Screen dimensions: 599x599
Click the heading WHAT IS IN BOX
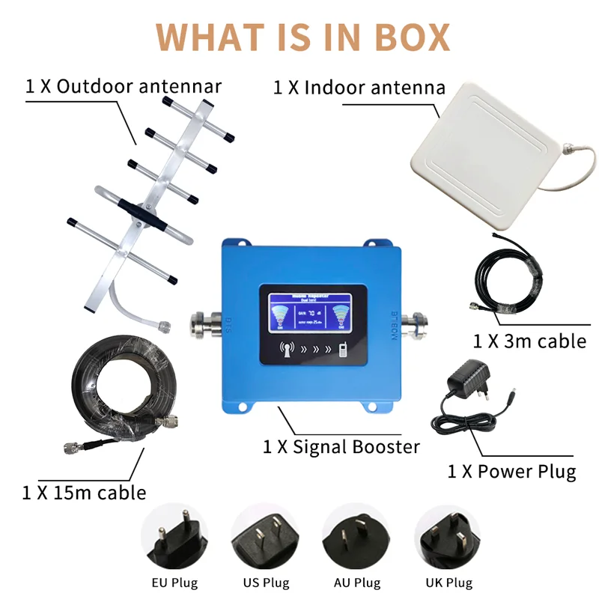tap(304, 37)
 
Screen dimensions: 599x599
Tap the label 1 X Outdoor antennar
tap(124, 86)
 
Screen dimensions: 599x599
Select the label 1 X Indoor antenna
tap(359, 88)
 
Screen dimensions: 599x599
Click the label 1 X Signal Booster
tap(341, 447)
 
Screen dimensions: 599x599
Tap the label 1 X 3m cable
tap(529, 341)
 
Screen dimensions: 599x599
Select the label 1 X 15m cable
tap(84, 492)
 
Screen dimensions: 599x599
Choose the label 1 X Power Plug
tap(511, 472)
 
